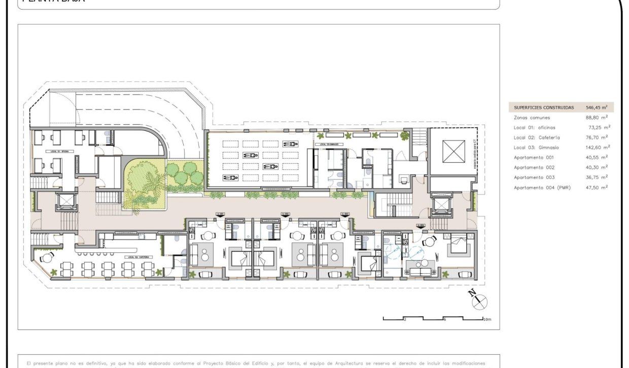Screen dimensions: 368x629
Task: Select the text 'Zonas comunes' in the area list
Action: pos(532,118)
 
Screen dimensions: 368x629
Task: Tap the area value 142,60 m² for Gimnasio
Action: pos(598,148)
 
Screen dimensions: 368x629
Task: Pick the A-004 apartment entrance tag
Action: pos(420,226)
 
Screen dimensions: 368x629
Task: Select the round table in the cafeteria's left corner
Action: pos(47,257)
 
